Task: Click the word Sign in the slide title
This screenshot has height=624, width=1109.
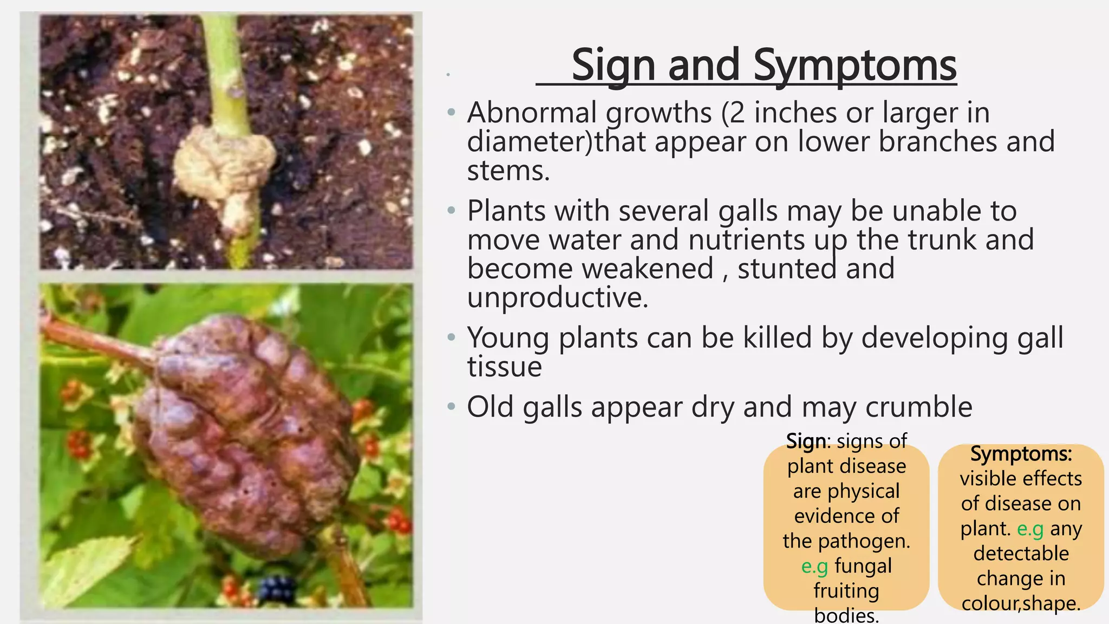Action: pos(614,65)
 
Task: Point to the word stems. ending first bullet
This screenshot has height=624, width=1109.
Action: pos(508,171)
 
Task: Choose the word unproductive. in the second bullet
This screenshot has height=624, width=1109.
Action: pos(557,297)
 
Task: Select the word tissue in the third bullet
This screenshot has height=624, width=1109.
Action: pos(504,367)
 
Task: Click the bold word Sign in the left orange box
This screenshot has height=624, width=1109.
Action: pos(806,441)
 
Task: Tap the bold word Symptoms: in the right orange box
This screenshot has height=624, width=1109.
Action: pos(1021,454)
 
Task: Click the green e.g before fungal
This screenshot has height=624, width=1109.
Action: pos(814,566)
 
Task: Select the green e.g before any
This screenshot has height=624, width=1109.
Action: pos(1030,529)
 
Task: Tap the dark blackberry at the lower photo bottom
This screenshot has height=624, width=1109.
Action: pos(278,587)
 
